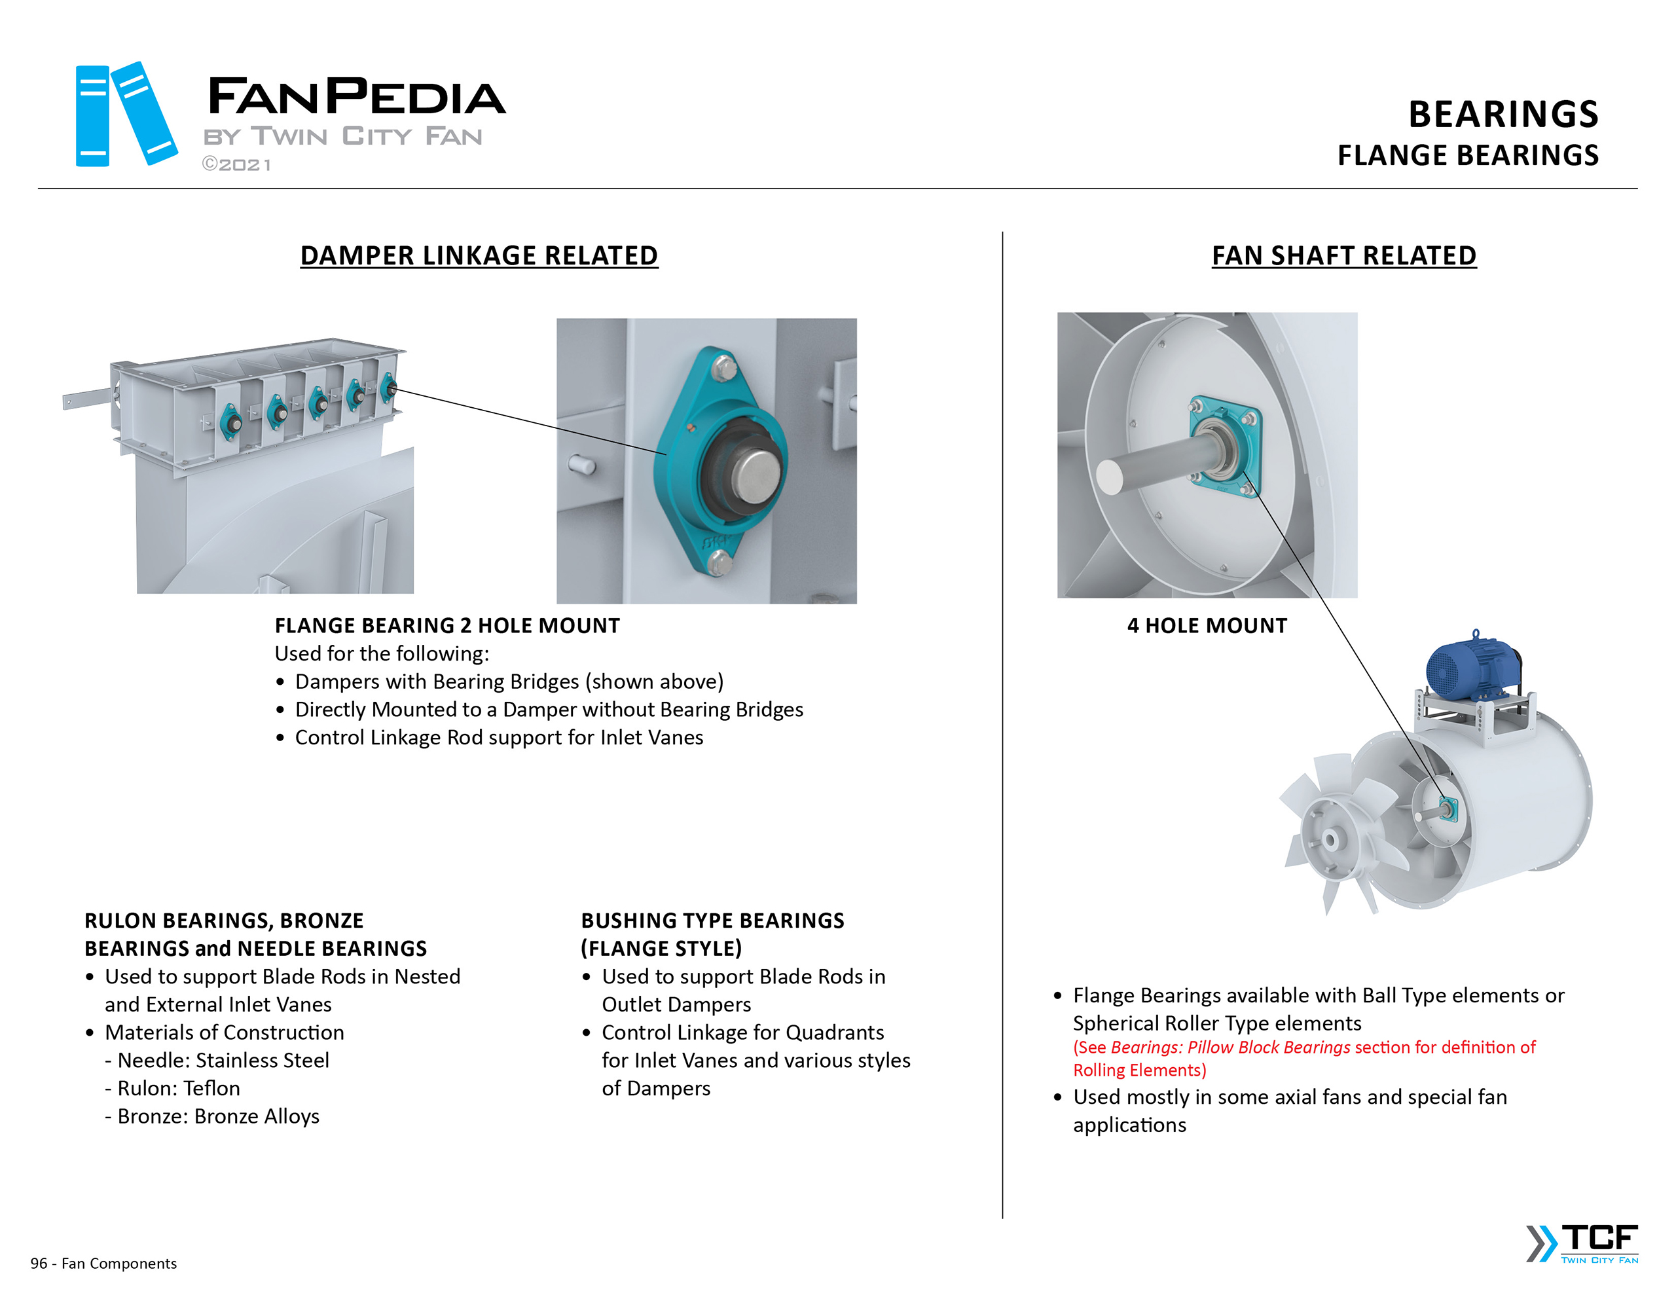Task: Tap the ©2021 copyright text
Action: (236, 165)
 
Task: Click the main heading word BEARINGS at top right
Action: (1503, 115)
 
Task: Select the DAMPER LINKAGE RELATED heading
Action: (479, 255)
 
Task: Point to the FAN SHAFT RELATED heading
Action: (1343, 255)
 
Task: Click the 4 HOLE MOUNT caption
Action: (1207, 626)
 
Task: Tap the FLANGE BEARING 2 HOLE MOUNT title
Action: (446, 626)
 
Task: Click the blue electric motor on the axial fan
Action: (1472, 667)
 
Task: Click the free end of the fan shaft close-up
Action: (1110, 477)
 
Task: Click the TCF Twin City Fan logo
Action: (1582, 1243)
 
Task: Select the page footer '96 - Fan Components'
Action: (103, 1264)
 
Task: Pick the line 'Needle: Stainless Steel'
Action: (223, 1061)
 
